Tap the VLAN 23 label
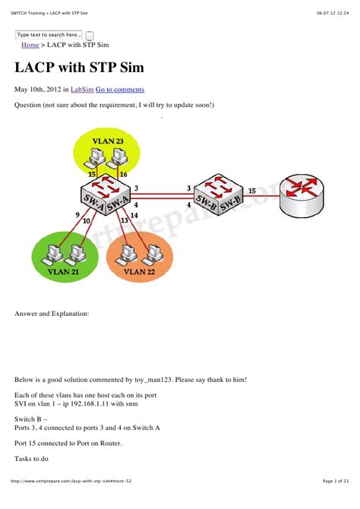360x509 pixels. pyautogui.click(x=109, y=141)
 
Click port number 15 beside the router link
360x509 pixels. pyautogui.click(x=252, y=180)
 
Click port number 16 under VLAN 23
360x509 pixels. pyautogui.click(x=124, y=175)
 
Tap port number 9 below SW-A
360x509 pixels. pyautogui.click(x=77, y=214)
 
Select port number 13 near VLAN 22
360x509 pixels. pyautogui.click(x=122, y=221)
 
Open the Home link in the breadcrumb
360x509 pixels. pyautogui.click(x=30, y=46)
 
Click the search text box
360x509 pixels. pyautogui.click(x=49, y=35)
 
